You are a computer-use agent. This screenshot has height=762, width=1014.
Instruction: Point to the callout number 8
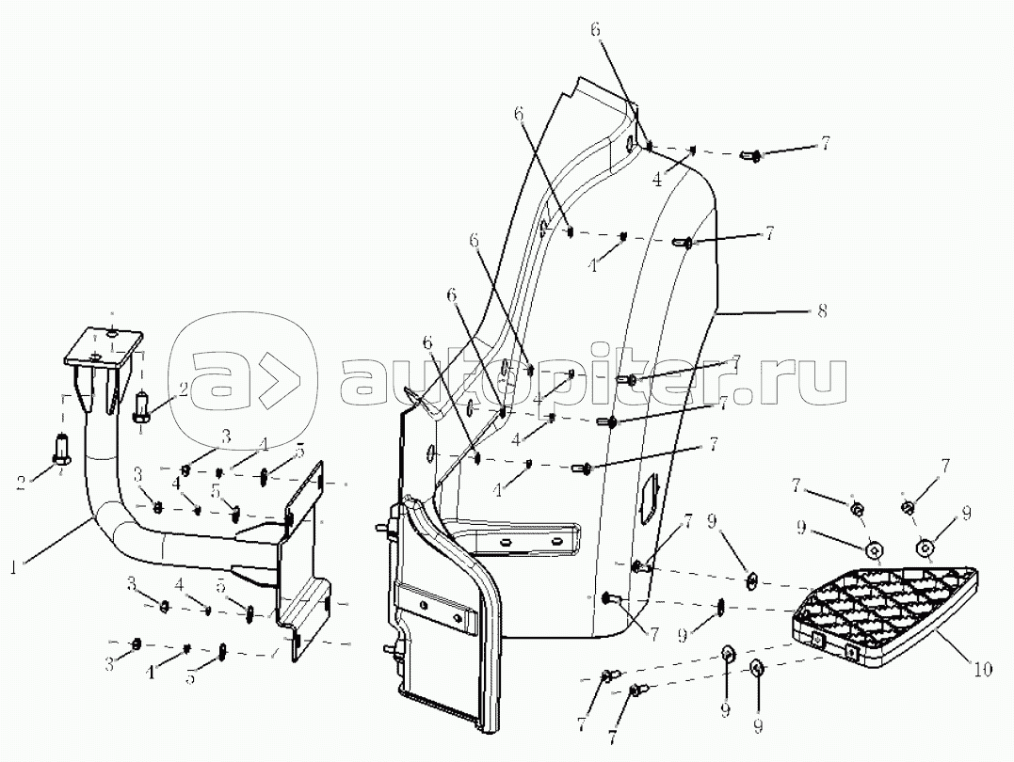click(x=822, y=310)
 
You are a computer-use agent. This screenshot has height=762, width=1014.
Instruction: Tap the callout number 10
click(x=983, y=670)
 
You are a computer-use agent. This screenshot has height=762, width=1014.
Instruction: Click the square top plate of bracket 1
click(x=104, y=346)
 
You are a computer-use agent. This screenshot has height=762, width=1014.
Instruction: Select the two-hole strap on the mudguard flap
click(x=440, y=611)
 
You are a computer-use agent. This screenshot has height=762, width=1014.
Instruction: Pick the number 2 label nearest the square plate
click(x=184, y=389)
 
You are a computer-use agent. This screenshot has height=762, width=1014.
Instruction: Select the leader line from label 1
click(x=56, y=542)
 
